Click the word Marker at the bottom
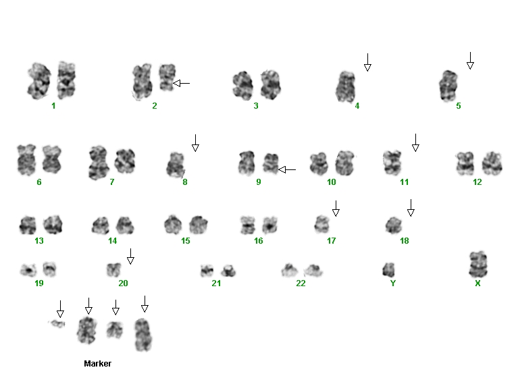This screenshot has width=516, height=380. click(x=97, y=364)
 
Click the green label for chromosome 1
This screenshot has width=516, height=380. click(x=53, y=105)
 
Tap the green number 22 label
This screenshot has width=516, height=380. click(x=301, y=283)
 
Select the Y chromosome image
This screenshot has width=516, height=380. click(x=388, y=270)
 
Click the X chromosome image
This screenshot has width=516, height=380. click(x=478, y=265)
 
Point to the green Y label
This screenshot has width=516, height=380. click(x=393, y=283)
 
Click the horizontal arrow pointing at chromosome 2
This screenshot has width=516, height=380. click(x=181, y=83)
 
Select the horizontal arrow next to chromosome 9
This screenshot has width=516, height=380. click(x=287, y=170)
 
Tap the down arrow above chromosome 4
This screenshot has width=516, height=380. click(x=367, y=63)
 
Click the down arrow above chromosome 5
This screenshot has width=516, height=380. click(x=470, y=61)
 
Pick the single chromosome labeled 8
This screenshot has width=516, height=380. click(x=176, y=165)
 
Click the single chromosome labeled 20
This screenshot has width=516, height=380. click(x=114, y=270)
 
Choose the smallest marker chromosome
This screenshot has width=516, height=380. click(x=57, y=324)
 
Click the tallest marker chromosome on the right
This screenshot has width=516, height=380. click(x=143, y=335)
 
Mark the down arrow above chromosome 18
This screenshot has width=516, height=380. click(x=411, y=208)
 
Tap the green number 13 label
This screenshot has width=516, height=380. click(x=38, y=241)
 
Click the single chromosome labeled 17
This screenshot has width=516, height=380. click(x=322, y=224)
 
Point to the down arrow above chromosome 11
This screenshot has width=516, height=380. click(x=415, y=143)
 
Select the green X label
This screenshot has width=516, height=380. click(x=478, y=283)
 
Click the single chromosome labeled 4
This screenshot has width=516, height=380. click(x=346, y=87)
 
